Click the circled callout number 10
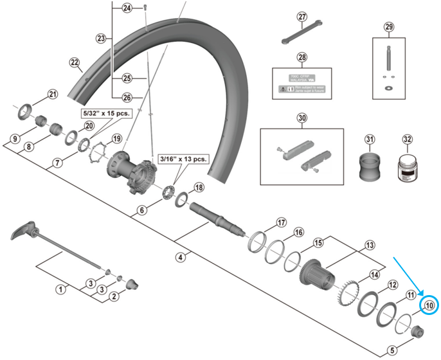429,305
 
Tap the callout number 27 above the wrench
303,17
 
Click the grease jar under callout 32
406,168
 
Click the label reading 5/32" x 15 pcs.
105,112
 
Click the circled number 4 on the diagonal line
181,257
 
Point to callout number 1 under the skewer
61,289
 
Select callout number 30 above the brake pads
302,118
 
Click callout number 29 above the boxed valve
388,26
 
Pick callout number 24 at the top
127,8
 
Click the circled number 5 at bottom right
393,350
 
